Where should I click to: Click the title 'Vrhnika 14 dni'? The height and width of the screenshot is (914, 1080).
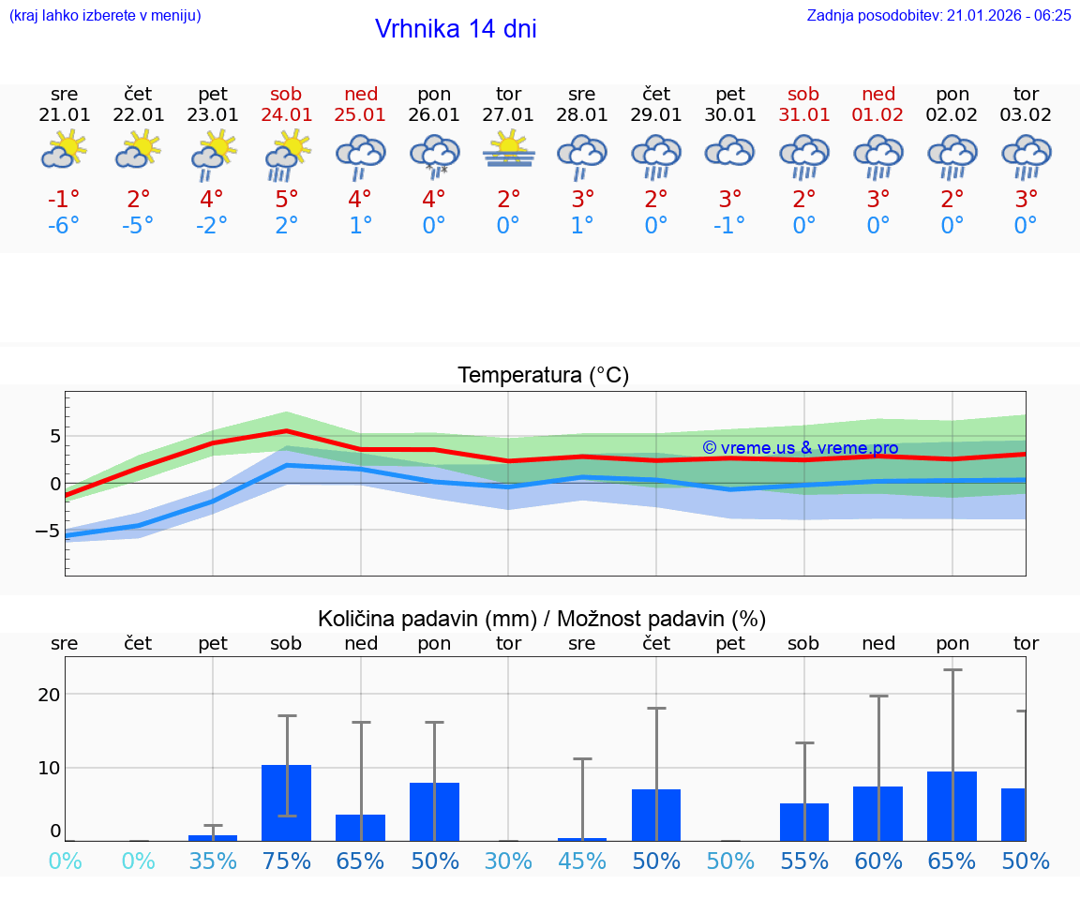click(x=456, y=29)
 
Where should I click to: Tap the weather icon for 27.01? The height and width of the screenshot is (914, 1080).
click(x=508, y=150)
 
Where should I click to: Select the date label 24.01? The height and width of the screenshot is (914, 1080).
click(x=287, y=115)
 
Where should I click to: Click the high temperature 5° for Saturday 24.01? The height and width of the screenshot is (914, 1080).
click(x=287, y=199)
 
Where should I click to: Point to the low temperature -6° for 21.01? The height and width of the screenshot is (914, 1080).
click(x=64, y=226)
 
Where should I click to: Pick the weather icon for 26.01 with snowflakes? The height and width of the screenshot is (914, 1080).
click(x=434, y=155)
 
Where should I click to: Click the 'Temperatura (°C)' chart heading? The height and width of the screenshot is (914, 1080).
click(x=543, y=376)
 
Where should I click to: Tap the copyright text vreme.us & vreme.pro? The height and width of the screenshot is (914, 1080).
click(x=800, y=448)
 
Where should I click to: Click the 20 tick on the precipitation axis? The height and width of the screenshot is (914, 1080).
click(x=49, y=695)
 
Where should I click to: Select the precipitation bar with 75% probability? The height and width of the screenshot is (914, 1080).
click(x=287, y=802)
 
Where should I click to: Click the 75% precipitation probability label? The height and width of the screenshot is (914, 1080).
click(x=287, y=862)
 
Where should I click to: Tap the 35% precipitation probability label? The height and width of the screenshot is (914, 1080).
click(x=213, y=862)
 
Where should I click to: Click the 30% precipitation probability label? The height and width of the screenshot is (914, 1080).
click(x=508, y=862)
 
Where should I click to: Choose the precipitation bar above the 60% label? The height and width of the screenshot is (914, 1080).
click(x=878, y=813)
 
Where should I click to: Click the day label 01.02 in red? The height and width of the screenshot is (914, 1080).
click(x=878, y=115)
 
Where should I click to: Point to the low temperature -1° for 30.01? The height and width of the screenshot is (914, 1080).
click(x=729, y=226)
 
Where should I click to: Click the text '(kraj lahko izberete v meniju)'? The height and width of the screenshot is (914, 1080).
click(x=105, y=16)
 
